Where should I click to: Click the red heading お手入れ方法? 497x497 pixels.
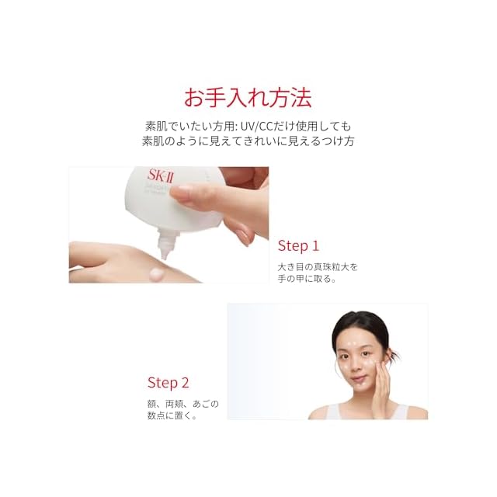point(248,98)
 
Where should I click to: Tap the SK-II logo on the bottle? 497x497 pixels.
point(161,176)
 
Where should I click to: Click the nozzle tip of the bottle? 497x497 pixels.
point(164,257)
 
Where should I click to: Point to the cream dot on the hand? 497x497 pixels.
point(157,273)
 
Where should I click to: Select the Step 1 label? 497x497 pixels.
point(298,246)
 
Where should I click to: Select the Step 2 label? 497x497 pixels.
point(168,383)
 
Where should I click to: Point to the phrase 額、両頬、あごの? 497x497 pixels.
point(183,404)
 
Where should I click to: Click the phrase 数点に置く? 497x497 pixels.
point(169,415)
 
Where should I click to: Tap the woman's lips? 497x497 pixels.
point(359,379)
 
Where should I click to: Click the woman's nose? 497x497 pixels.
point(356,364)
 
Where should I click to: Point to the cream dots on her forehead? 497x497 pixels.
point(353,343)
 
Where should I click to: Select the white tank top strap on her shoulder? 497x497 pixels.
point(402,411)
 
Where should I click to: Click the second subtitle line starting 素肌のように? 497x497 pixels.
point(248,141)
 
